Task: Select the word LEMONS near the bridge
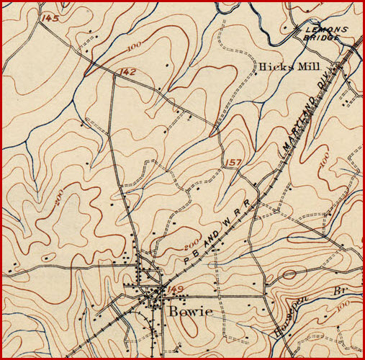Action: (325, 30)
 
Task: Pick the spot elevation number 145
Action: (50, 17)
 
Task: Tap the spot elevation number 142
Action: (128, 71)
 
